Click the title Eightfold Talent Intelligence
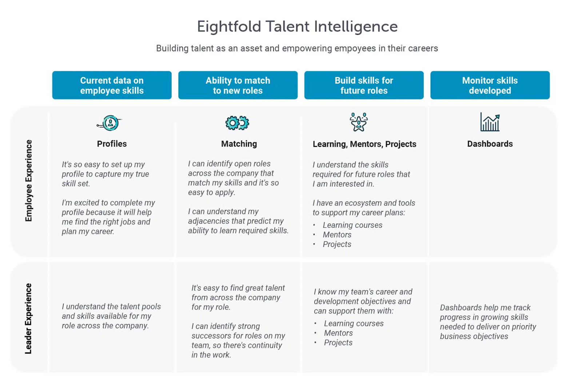[297, 27]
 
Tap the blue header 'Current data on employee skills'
[112, 85]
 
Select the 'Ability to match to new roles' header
[238, 85]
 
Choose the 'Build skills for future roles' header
[364, 85]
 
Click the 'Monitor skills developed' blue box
[490, 85]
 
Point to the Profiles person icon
[110, 123]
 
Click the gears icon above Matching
[237, 123]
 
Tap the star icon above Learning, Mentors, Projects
[359, 122]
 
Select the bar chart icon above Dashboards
[490, 122]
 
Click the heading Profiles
[112, 144]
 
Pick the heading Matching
[239, 144]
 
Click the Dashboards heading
[490, 144]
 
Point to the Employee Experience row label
[28, 181]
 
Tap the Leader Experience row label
[28, 318]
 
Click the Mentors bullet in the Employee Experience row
[337, 235]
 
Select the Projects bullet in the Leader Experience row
[338, 343]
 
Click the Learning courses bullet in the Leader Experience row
[354, 324]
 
